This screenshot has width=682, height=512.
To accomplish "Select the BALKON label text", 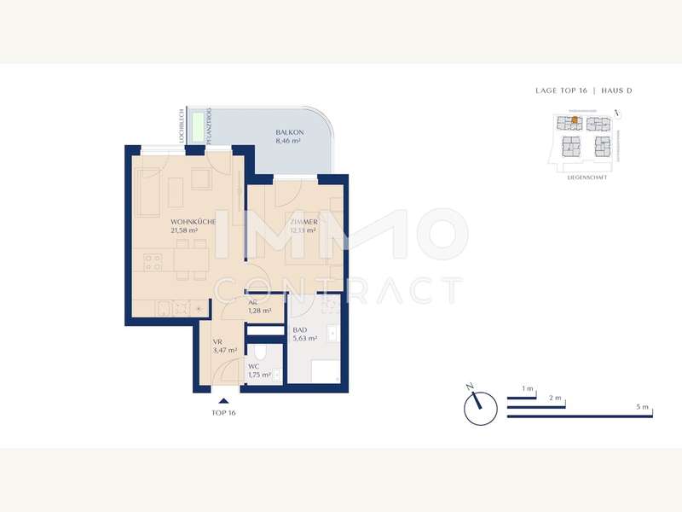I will [286, 132].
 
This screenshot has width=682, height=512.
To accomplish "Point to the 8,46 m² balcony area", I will [287, 142].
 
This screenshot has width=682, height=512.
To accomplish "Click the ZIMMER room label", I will [303, 221].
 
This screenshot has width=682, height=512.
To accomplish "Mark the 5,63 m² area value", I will [305, 338].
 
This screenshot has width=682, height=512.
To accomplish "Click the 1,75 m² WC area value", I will [259, 375].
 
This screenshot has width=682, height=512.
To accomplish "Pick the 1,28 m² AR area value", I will [259, 311].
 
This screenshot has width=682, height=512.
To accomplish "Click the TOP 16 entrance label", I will [223, 413].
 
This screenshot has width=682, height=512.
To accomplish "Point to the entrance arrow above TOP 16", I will [223, 400].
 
